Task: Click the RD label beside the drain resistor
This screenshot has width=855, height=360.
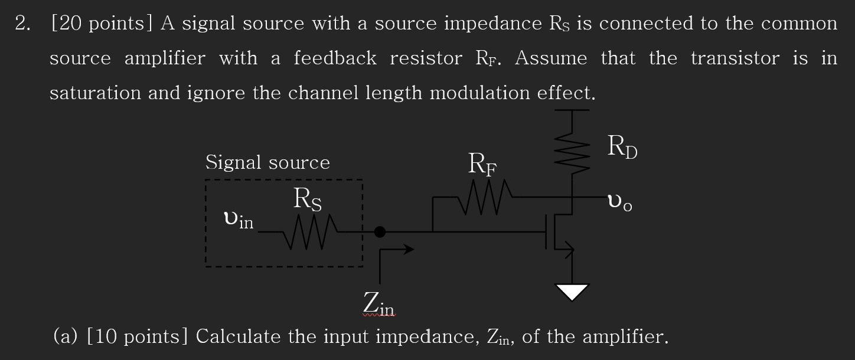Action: (x=622, y=148)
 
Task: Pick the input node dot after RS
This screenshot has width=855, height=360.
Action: (x=380, y=233)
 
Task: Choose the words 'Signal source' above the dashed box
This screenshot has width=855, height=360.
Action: (x=267, y=162)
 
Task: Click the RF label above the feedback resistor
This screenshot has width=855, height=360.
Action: (x=482, y=163)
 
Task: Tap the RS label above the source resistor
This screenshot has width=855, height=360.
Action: (x=308, y=199)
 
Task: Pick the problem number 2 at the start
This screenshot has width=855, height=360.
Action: (x=21, y=24)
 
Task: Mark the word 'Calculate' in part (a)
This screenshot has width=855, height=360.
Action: (x=238, y=337)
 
